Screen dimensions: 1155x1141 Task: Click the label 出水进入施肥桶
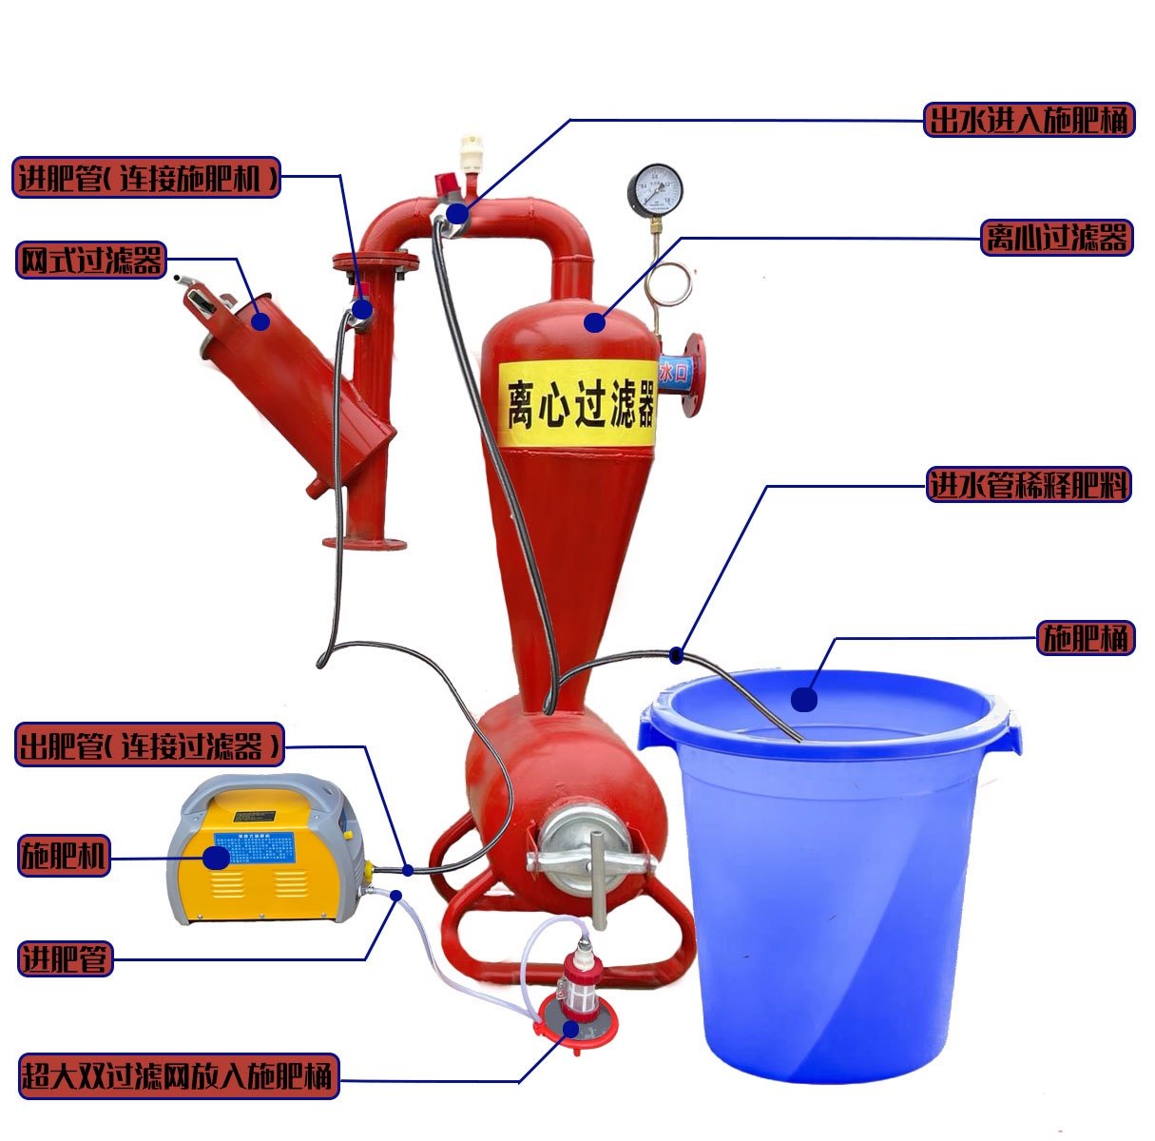1029,120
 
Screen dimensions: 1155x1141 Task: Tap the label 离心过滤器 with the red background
1055,237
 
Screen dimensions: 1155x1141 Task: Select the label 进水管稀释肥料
1029,486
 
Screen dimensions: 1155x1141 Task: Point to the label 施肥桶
1086,638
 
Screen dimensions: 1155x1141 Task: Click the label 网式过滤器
91,260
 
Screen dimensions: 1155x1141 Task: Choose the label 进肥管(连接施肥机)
146,177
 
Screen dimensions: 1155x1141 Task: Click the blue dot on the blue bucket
804,701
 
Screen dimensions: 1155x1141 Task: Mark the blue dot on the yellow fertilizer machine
218,858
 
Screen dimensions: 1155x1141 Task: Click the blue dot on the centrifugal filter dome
595,322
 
